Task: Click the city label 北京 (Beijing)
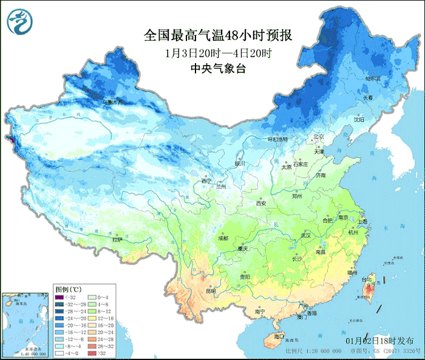[x=319, y=137]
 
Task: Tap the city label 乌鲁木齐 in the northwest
[x=112, y=102]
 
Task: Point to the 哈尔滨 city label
[x=372, y=79]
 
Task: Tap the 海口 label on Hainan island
[x=279, y=336]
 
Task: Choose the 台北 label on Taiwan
[x=367, y=280]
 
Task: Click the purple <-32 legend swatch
[x=60, y=297]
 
